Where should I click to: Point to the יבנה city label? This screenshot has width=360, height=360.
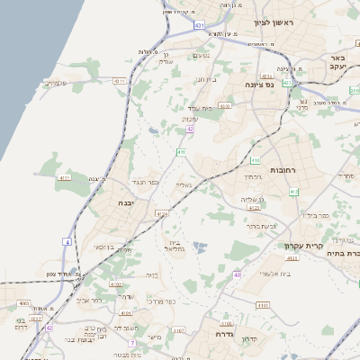tap(129, 204)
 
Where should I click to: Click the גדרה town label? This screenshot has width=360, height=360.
tap(225, 333)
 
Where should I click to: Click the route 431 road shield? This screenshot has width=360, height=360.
tap(198, 26)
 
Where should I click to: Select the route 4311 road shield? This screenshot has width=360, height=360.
tap(119, 81)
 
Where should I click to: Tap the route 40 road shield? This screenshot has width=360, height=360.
tap(238, 274)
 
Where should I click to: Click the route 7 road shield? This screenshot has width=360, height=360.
tap(132, 343)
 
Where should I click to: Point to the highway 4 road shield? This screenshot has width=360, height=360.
tap(67, 241)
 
